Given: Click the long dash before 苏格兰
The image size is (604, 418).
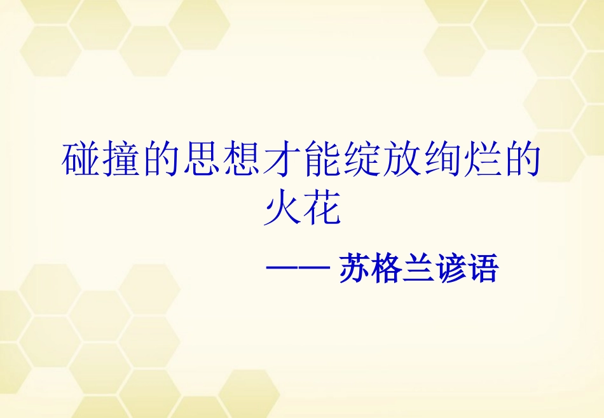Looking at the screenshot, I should coord(296,268).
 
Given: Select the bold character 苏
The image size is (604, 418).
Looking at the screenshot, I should coord(355,268).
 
